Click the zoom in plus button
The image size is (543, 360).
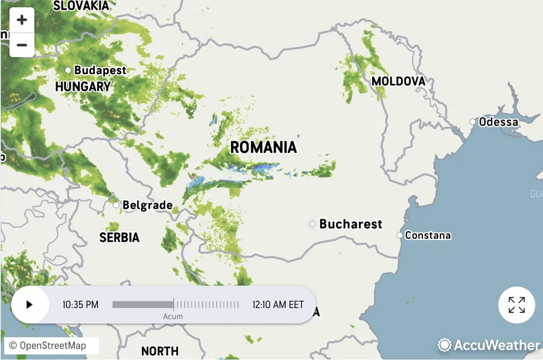pos(22,20)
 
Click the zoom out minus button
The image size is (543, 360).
pos(22,45)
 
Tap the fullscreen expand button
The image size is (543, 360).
pos(516,305)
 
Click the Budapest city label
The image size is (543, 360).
pos(100,71)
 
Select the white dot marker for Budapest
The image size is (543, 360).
pos(68,71)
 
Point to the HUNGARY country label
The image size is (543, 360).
pos(83,87)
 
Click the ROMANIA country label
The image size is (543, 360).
pos(264,147)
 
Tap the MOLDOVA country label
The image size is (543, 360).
pos(398,81)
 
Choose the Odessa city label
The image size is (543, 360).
pos(498,122)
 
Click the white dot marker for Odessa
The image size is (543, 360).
pos(473,122)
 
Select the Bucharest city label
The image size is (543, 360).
pos(351,224)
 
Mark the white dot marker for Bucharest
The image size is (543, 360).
pos(313,224)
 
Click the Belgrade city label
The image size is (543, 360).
pos(147,206)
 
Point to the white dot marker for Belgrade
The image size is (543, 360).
pos(116,205)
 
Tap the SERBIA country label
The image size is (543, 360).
pos(119,238)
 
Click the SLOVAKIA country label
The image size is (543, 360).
pos(81,6)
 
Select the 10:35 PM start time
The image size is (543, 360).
pos(80,305)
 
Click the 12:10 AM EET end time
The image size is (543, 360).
pos(278,305)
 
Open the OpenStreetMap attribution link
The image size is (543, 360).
pos(52,346)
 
